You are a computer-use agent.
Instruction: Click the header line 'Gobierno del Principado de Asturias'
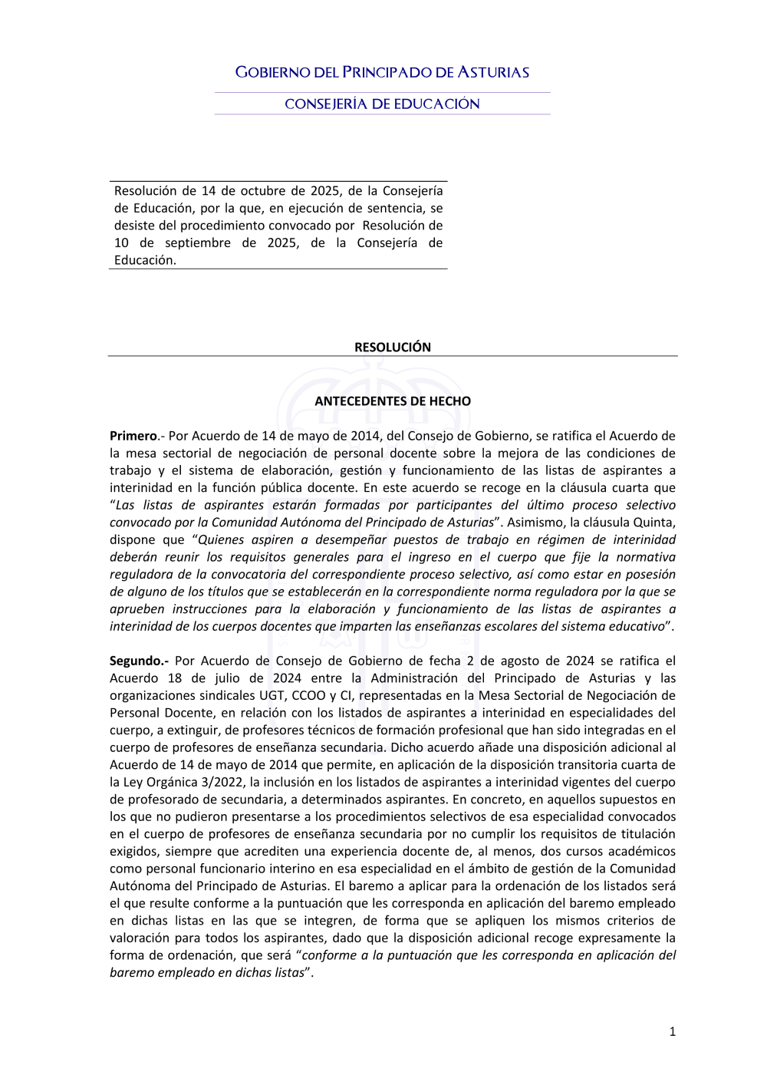pos(382,73)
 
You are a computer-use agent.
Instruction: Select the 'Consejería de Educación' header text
pos(382,104)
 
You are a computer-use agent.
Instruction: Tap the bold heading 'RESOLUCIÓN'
pos(392,348)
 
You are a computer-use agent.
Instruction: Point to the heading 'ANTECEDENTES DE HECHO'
pos(392,401)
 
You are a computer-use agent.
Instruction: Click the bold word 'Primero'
pos(133,436)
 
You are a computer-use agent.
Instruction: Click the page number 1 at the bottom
pos(673,1032)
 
